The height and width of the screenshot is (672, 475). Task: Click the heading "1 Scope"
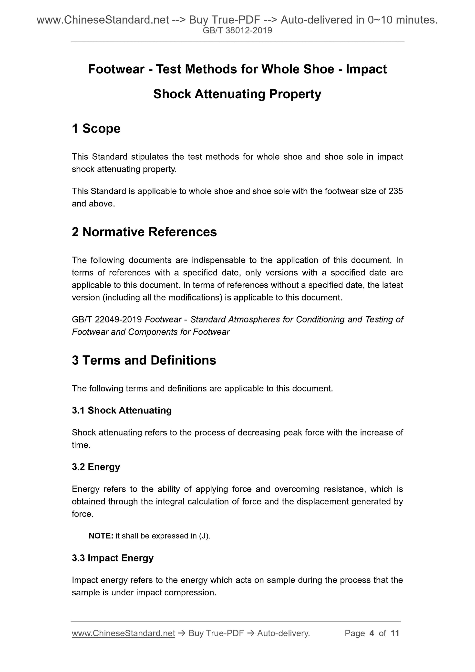click(x=96, y=129)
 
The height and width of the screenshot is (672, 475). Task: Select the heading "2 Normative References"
click(x=144, y=232)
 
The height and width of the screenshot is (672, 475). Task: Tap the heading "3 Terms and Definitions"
click(x=144, y=360)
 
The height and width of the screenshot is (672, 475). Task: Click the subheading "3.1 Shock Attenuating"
click(x=122, y=410)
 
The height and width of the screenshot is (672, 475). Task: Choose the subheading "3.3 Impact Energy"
click(x=113, y=558)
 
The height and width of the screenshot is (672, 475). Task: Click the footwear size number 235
click(x=396, y=191)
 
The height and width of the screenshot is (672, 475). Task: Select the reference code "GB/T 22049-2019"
click(x=107, y=319)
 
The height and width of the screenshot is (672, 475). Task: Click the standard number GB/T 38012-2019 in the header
click(x=237, y=31)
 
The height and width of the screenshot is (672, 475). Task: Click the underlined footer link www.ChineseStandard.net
click(x=124, y=633)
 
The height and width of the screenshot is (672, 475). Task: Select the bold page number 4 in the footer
click(x=372, y=633)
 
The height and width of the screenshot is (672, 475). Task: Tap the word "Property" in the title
click(x=295, y=94)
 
